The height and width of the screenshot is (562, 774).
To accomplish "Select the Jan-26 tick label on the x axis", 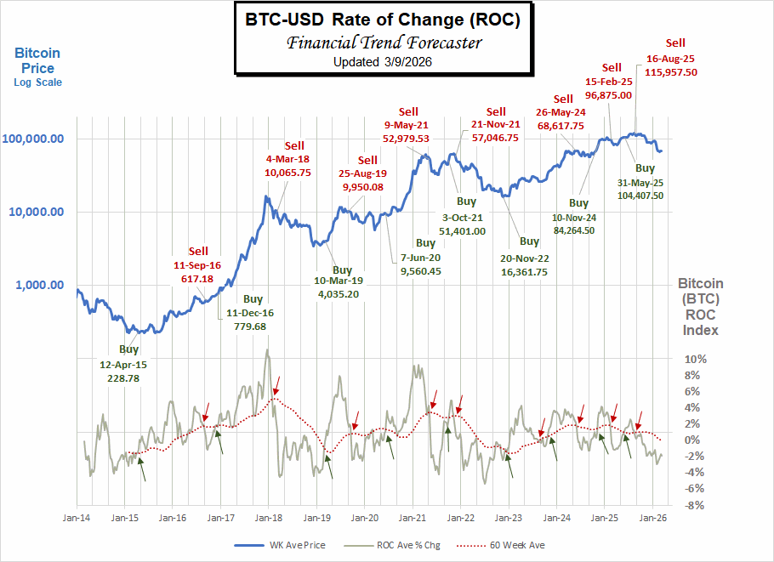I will point(652,517).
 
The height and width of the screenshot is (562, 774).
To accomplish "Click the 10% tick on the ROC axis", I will point(695,359).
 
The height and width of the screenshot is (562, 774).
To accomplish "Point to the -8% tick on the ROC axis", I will point(695,504).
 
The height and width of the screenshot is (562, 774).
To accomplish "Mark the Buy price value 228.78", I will point(128,379).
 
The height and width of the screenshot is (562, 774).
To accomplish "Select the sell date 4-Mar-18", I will point(287,158).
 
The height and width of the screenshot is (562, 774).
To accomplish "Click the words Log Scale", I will point(37,82).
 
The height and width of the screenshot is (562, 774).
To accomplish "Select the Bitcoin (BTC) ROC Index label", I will point(700,307).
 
